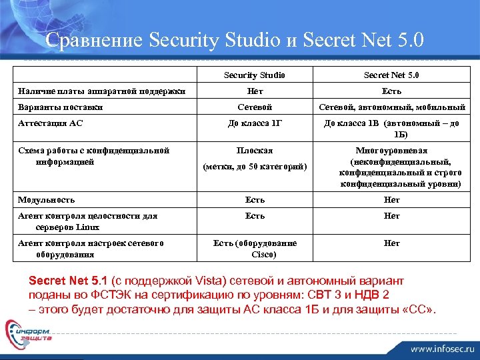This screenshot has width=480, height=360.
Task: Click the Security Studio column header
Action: pos(254,75)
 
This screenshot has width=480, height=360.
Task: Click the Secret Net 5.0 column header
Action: pos(391,75)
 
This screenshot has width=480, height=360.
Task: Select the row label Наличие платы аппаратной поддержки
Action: pos(101,91)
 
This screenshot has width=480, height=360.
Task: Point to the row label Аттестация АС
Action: pos(51,123)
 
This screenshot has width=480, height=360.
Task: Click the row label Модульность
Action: pos(47,199)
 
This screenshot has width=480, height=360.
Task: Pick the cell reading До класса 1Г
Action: pos(255,123)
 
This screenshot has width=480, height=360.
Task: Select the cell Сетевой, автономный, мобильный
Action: pos(391,107)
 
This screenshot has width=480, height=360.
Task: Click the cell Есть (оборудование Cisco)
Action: pos(255,249)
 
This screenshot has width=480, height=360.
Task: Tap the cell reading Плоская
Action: pos(255,151)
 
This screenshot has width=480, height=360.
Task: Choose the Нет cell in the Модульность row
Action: pos(391,199)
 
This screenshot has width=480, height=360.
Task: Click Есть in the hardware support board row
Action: pos(391,91)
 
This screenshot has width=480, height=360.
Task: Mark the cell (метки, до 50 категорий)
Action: pos(255,167)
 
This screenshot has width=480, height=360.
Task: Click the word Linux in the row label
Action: pos(88,227)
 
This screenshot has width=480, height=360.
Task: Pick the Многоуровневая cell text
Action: pos(391,151)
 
